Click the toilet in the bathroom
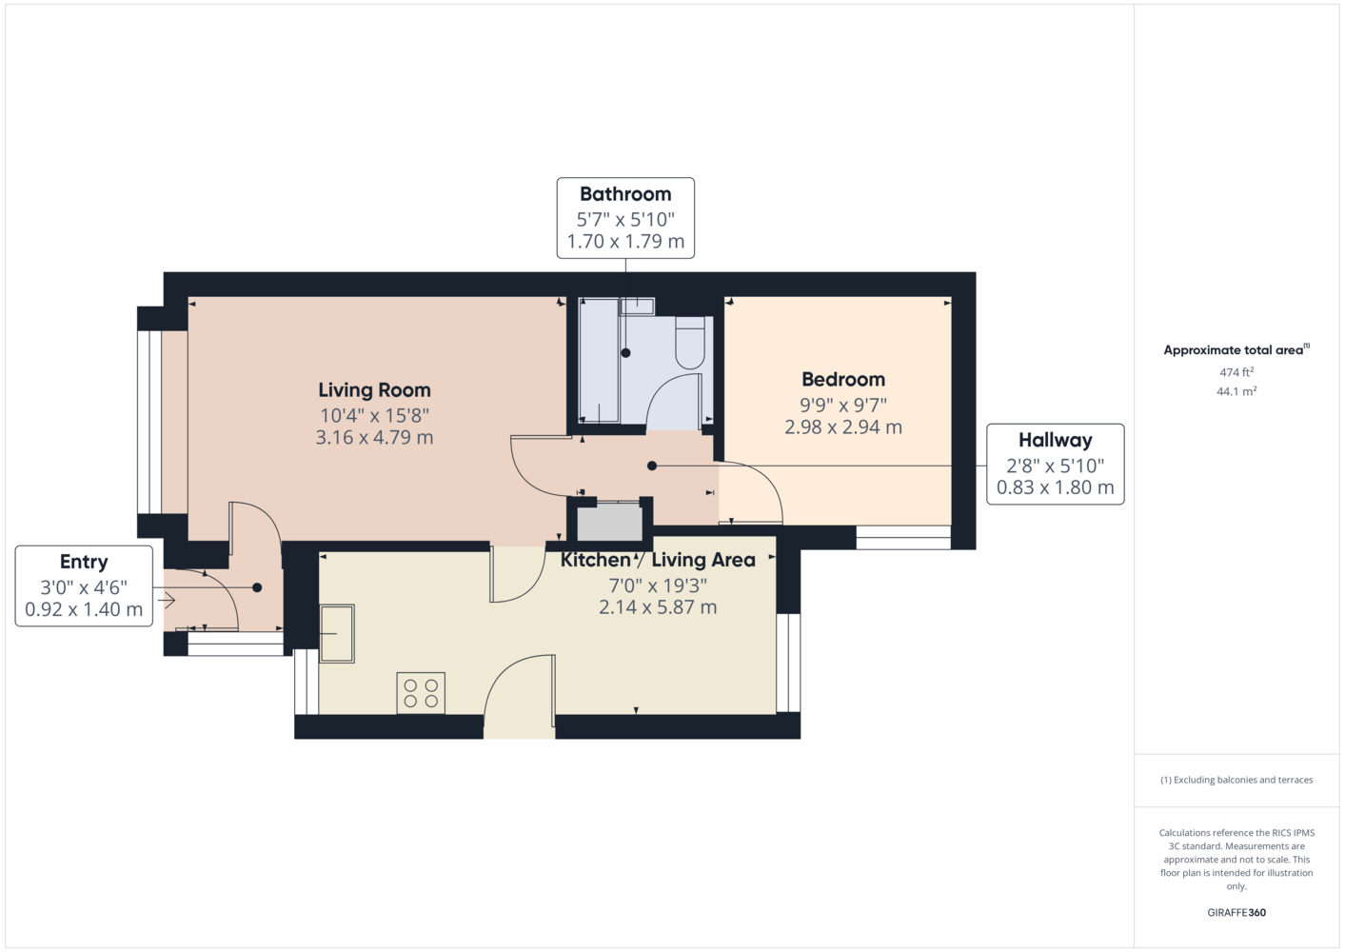click(x=690, y=343)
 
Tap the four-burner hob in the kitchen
click(x=421, y=693)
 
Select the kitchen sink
click(x=337, y=634)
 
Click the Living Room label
click(x=375, y=390)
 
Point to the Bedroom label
click(x=843, y=380)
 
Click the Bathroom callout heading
click(x=625, y=194)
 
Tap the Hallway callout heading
click(x=1055, y=440)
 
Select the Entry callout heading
click(x=84, y=563)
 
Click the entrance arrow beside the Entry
click(x=167, y=600)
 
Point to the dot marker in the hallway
click(x=652, y=466)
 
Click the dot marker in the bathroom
click(x=625, y=353)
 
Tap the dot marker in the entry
click(x=257, y=587)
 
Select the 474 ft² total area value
click(x=1236, y=372)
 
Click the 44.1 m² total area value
click(x=1236, y=391)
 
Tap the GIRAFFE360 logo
click(x=1236, y=912)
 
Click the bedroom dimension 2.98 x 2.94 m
click(x=843, y=427)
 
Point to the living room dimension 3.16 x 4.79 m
click(x=375, y=437)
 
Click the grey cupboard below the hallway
click(x=609, y=522)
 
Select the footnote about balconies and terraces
click(x=1236, y=780)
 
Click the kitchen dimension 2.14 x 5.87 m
click(x=658, y=607)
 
